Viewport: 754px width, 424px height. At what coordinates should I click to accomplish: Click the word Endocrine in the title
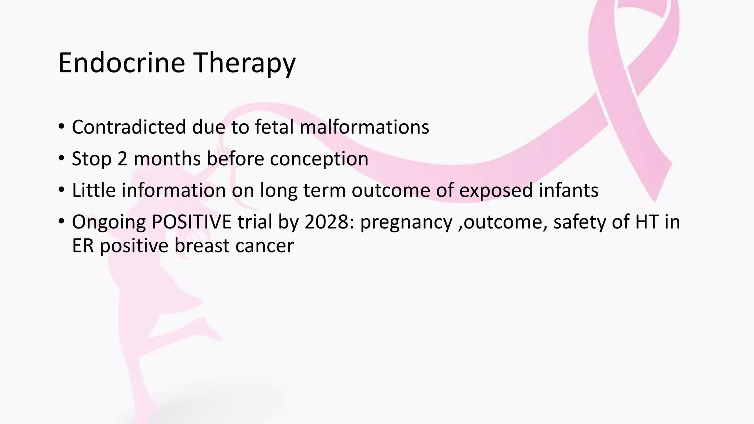click(121, 63)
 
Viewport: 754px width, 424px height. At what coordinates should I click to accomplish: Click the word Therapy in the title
click(245, 63)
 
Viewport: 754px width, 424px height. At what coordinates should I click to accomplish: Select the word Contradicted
click(129, 127)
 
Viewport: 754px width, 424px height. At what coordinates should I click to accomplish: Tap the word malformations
click(364, 127)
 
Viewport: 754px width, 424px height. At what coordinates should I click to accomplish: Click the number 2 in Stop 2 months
click(123, 159)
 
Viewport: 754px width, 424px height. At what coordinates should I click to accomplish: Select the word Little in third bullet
click(94, 190)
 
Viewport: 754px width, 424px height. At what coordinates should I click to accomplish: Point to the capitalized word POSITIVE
click(191, 222)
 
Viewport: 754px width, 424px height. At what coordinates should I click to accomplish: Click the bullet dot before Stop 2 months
click(61, 159)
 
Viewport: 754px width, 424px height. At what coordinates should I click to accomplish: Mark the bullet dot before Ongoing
click(61, 222)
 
